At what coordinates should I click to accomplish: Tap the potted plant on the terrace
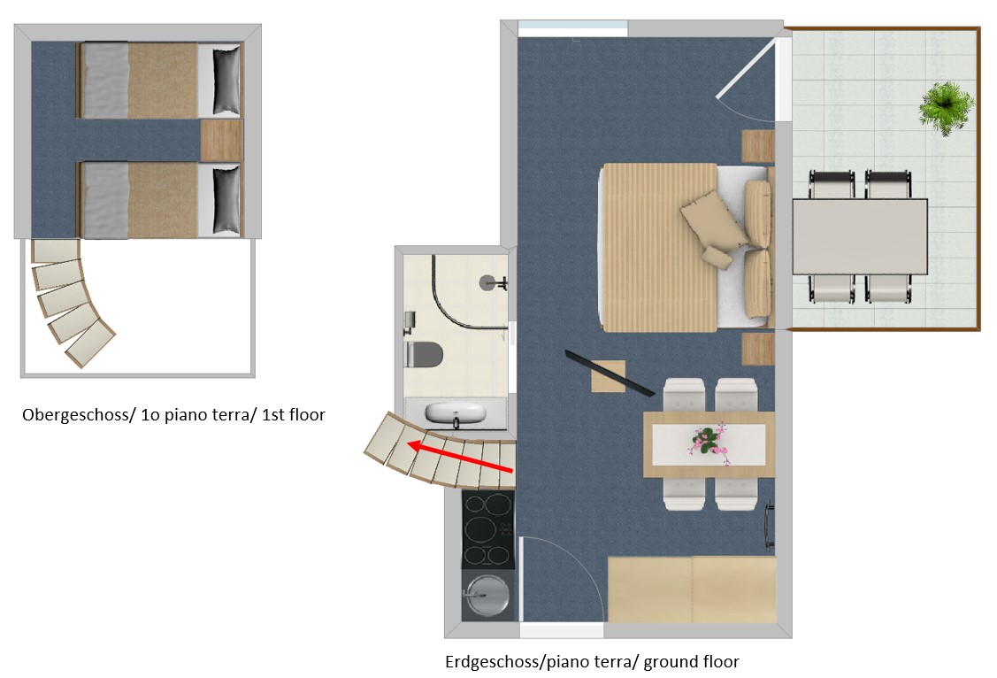(947, 107)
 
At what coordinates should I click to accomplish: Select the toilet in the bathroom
(424, 354)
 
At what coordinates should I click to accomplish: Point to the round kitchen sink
(487, 596)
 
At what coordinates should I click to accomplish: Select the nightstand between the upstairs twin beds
(221, 141)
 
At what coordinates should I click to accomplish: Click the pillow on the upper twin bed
(226, 79)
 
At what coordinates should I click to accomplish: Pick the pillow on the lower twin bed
(226, 200)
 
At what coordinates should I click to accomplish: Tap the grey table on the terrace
(860, 236)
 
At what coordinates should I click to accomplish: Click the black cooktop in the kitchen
(487, 529)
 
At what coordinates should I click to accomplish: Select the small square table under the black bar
(609, 376)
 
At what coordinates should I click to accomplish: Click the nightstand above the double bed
(758, 147)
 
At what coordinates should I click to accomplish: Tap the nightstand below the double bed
(758, 350)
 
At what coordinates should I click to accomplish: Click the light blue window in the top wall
(573, 28)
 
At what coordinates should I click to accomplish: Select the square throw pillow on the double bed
(714, 220)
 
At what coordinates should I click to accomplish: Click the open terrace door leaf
(747, 68)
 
